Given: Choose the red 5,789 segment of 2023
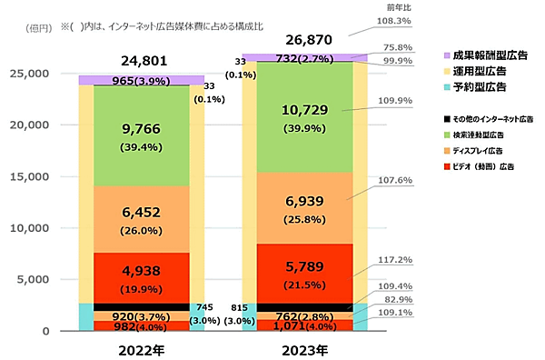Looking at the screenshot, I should click(303, 273).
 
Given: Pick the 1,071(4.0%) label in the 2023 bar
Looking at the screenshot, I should click(303, 325).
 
